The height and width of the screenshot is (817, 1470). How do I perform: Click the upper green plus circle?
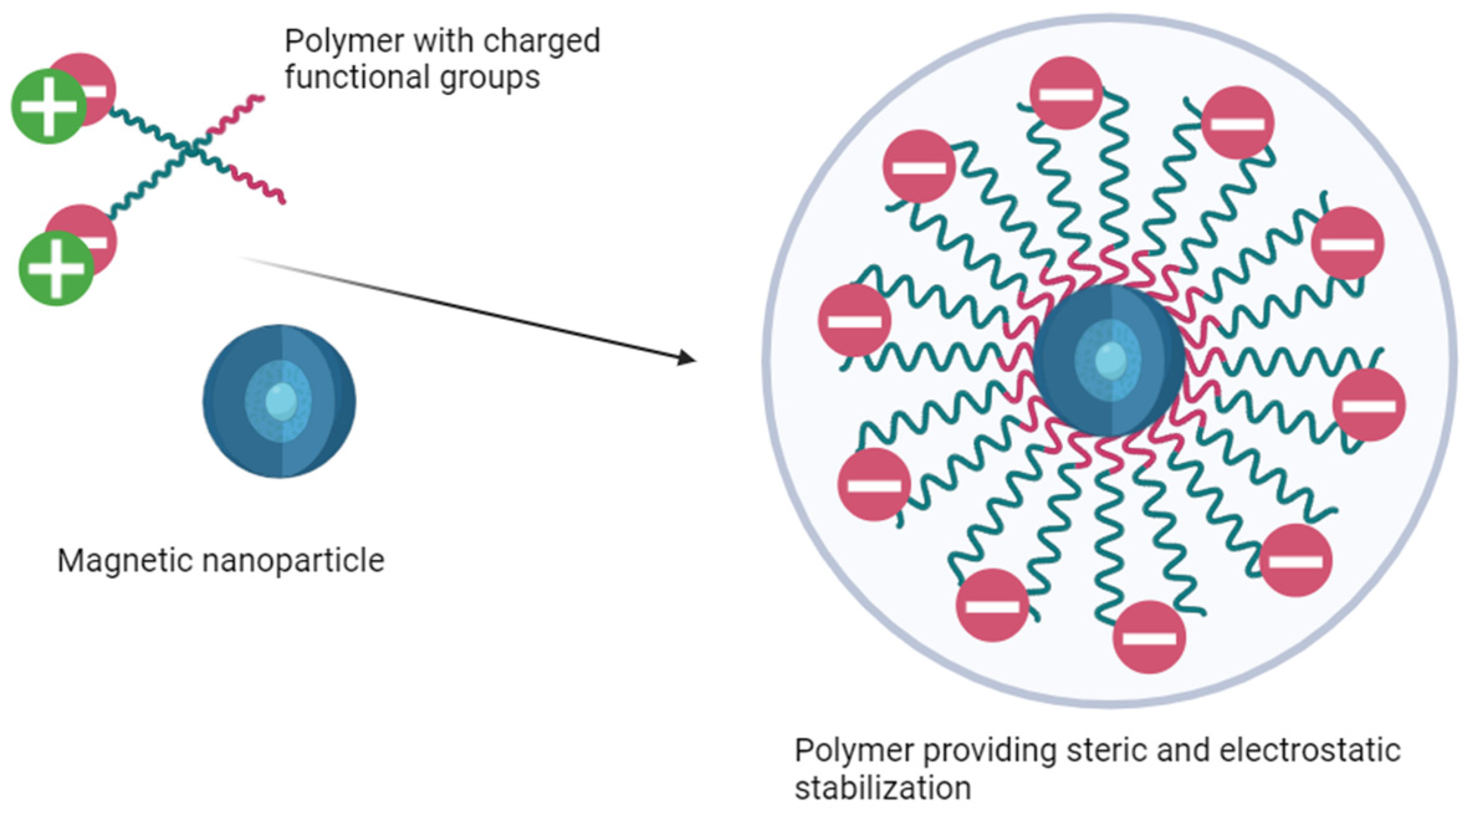point(48,106)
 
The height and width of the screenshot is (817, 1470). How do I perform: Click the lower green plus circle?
point(56,268)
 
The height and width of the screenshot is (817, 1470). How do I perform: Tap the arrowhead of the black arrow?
point(688,358)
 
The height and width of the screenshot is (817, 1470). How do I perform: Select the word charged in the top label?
point(541,42)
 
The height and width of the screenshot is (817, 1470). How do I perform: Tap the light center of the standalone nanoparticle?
point(280,401)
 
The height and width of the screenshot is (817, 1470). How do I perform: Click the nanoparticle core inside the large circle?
point(1110,360)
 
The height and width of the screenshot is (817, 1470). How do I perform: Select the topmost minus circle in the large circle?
point(1066,93)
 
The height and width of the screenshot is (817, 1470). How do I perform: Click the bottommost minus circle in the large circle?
point(1149,637)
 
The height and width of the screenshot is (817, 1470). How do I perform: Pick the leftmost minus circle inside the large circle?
point(854,321)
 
